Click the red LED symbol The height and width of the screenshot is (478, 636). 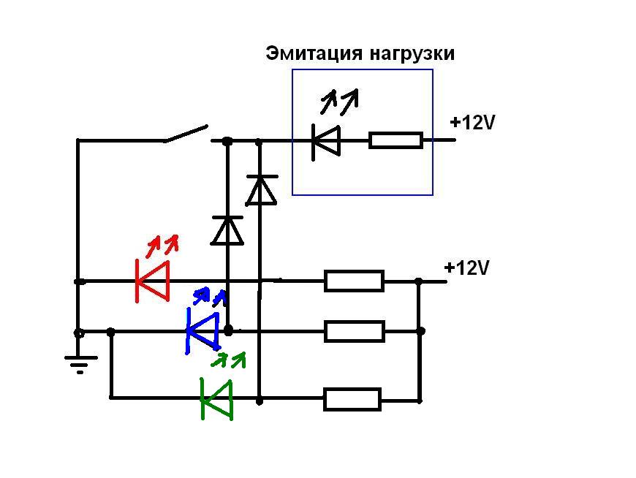tap(153, 281)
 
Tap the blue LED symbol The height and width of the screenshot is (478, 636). tap(202, 331)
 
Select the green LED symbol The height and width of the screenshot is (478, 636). tap(217, 399)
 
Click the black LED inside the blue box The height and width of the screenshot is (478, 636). tap(326, 140)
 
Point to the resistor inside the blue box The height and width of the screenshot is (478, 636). tap(395, 140)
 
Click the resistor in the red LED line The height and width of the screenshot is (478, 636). tap(354, 281)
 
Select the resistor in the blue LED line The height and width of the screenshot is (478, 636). tap(354, 331)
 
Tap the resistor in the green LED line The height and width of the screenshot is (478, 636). tap(352, 399)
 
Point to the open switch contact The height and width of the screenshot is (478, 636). tap(186, 133)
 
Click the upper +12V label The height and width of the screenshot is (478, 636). tap(473, 123)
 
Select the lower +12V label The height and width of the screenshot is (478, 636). tap(466, 268)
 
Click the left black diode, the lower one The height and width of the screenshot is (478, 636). tap(227, 230)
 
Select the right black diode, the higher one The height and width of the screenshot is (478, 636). tap(261, 190)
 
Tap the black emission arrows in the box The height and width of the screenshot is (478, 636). tap(341, 99)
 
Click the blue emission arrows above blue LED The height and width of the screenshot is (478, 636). tap(210, 296)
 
